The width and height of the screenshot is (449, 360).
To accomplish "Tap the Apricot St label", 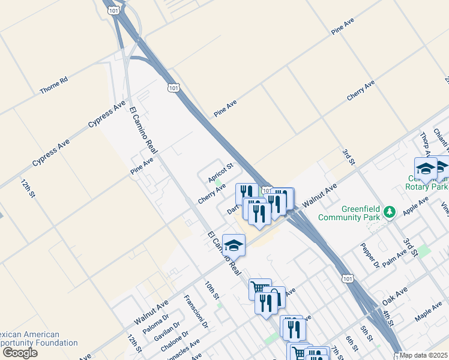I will pyautogui.click(x=220, y=173).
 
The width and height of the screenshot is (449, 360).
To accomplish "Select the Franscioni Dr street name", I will pyautogui.click(x=196, y=312).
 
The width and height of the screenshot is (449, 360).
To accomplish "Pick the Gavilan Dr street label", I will pyautogui.click(x=167, y=334).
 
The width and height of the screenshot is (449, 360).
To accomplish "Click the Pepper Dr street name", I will pyautogui.click(x=369, y=255).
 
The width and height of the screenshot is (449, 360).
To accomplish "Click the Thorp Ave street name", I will pyautogui.click(x=425, y=144).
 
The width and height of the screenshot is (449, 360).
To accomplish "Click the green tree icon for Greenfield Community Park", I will pyautogui.click(x=390, y=212).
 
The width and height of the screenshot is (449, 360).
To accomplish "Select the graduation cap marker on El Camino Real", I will pyautogui.click(x=234, y=244).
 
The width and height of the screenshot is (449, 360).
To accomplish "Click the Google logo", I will pyautogui.click(x=19, y=353).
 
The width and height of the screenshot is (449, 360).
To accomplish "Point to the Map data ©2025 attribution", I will pyautogui.click(x=424, y=355).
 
